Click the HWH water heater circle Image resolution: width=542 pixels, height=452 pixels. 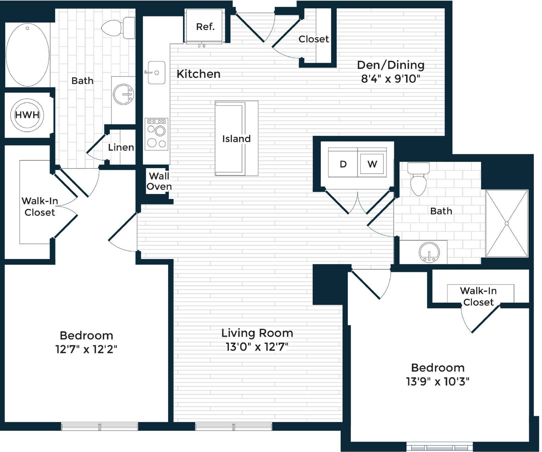(27, 115)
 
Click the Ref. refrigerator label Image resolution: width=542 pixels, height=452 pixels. (205, 27)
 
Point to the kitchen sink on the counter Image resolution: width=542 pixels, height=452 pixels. (156, 72)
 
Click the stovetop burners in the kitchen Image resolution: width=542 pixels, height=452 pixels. (157, 134)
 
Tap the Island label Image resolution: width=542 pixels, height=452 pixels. (236, 138)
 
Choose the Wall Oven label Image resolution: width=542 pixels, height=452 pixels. (159, 181)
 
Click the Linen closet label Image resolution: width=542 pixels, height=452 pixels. (121, 147)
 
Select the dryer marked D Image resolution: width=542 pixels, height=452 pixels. (343, 164)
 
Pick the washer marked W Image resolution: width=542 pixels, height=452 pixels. (372, 164)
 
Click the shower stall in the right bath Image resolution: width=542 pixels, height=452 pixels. (507, 223)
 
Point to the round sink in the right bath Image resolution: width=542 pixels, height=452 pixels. (429, 252)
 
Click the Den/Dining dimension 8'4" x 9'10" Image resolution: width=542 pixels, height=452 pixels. (391, 79)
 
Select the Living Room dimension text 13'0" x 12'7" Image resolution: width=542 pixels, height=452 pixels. (257, 347)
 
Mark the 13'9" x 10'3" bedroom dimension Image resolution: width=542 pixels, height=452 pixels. (438, 382)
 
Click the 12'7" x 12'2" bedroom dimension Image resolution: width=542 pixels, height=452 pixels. (86, 349)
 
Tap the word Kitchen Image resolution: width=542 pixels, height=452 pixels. (199, 74)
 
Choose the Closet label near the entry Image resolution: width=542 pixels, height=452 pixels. (314, 39)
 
